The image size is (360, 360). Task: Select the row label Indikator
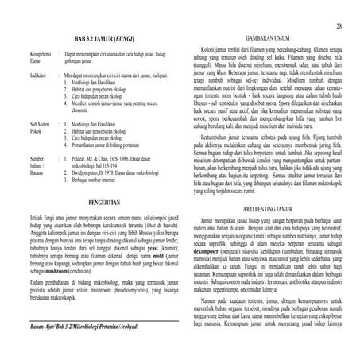coord(27,75)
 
